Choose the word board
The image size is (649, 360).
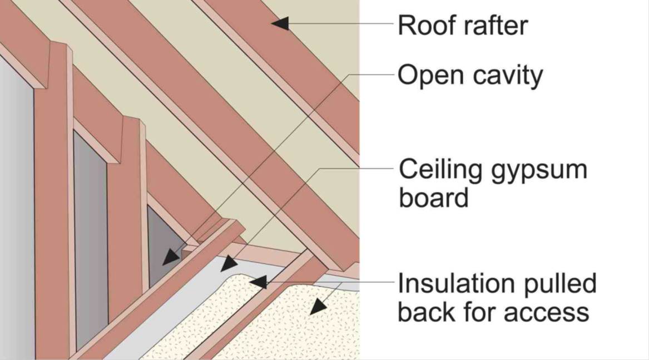pyautogui.click(x=433, y=198)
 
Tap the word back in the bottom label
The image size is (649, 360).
pyautogui.click(x=427, y=312)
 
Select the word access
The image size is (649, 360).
pyautogui.click(x=547, y=313)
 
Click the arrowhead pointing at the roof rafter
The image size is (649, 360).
pyautogui.click(x=280, y=23)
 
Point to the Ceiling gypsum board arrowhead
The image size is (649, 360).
pyautogui.click(x=229, y=264)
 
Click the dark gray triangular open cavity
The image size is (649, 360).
pyautogui.click(x=164, y=244)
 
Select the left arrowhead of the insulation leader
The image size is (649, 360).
pyautogui.click(x=258, y=282)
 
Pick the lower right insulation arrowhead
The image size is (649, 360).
pyautogui.click(x=318, y=307)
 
